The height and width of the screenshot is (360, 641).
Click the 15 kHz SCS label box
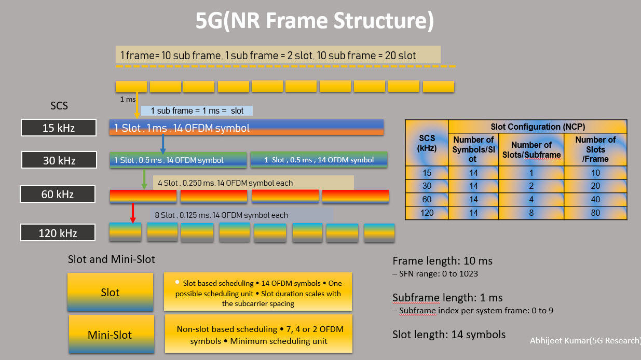pyautogui.click(x=58, y=128)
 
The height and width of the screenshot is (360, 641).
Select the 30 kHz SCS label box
pyautogui.click(x=59, y=160)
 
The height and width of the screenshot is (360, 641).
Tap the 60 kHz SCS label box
pyautogui.click(x=58, y=194)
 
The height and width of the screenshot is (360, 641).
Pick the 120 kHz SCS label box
pyautogui.click(x=58, y=232)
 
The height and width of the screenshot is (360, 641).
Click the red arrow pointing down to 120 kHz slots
pyautogui.click(x=133, y=213)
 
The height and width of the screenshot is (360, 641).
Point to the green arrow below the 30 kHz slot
pyautogui.click(x=144, y=179)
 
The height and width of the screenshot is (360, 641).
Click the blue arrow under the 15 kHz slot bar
pyautogui.click(x=163, y=144)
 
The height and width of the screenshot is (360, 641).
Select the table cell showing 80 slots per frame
pyautogui.click(x=595, y=213)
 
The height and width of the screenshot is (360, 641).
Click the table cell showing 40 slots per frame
pyautogui.click(x=595, y=199)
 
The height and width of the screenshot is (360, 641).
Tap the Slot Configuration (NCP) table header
pyautogui.click(x=538, y=127)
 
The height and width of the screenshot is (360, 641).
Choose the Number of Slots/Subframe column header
pyautogui.click(x=531, y=149)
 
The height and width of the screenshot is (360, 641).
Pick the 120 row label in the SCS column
pyautogui.click(x=427, y=213)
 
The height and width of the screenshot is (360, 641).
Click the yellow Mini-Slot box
pyautogui.click(x=111, y=334)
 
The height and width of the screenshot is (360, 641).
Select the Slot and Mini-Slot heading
pyautogui.click(x=111, y=259)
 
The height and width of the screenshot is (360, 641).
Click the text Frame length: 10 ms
pyautogui.click(x=442, y=261)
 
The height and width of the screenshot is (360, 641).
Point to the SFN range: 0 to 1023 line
pyautogui.click(x=435, y=274)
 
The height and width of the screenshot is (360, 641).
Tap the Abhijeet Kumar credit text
pyautogui.click(x=585, y=341)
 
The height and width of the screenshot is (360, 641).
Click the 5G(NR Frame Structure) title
pyautogui.click(x=315, y=21)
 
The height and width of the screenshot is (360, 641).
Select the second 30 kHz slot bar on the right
pyautogui.click(x=319, y=160)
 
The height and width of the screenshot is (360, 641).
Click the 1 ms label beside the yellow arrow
pyautogui.click(x=128, y=99)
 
